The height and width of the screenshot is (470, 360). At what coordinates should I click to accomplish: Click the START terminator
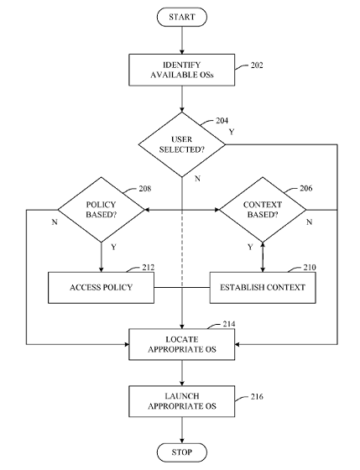tap(181, 17)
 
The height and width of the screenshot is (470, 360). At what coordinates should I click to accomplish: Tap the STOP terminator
tap(181, 452)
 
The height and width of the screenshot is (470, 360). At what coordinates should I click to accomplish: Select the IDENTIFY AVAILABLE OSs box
tap(181, 70)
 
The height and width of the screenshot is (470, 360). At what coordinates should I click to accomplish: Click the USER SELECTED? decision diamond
tap(181, 144)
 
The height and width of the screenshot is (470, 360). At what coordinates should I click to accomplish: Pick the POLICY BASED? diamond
tap(101, 210)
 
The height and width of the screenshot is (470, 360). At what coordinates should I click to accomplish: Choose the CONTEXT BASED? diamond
tap(263, 210)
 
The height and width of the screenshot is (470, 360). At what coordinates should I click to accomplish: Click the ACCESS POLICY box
tap(101, 288)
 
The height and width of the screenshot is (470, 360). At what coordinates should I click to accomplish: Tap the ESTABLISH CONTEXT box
tap(263, 288)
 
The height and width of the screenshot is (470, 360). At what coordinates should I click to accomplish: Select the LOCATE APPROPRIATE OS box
tap(181, 344)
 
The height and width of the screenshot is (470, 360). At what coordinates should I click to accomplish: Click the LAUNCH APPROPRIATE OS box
tap(181, 401)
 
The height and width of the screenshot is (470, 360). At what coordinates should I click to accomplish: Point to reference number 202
tap(257, 65)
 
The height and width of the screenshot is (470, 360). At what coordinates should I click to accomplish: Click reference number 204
tap(222, 121)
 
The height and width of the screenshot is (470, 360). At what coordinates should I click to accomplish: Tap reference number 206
tap(306, 188)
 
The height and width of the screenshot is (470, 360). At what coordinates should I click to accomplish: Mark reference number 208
tap(145, 189)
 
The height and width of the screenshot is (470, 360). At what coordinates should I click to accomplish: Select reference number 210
tap(310, 268)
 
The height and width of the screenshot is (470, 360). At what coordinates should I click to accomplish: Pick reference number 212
tap(149, 268)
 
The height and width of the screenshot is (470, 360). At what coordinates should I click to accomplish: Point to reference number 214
tap(229, 324)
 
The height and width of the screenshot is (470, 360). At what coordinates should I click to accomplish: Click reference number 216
tap(257, 396)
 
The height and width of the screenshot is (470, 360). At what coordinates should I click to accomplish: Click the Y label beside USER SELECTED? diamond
tap(232, 132)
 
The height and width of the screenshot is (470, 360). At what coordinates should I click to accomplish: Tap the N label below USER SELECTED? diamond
tap(197, 179)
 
